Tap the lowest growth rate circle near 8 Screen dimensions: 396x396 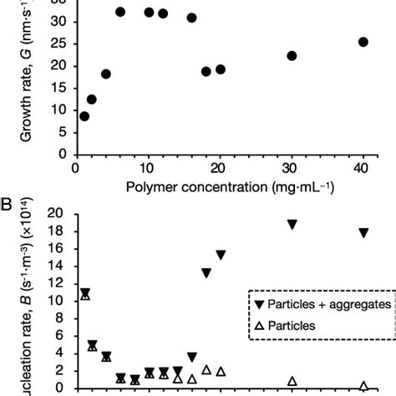pos(84,116)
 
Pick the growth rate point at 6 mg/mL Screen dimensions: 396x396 pos(120,12)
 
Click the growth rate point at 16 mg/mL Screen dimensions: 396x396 pos(191,18)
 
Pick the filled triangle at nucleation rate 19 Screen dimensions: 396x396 pos(292,248)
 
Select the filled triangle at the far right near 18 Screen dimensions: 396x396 pos(363,256)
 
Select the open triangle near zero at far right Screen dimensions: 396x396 pos(363,385)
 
